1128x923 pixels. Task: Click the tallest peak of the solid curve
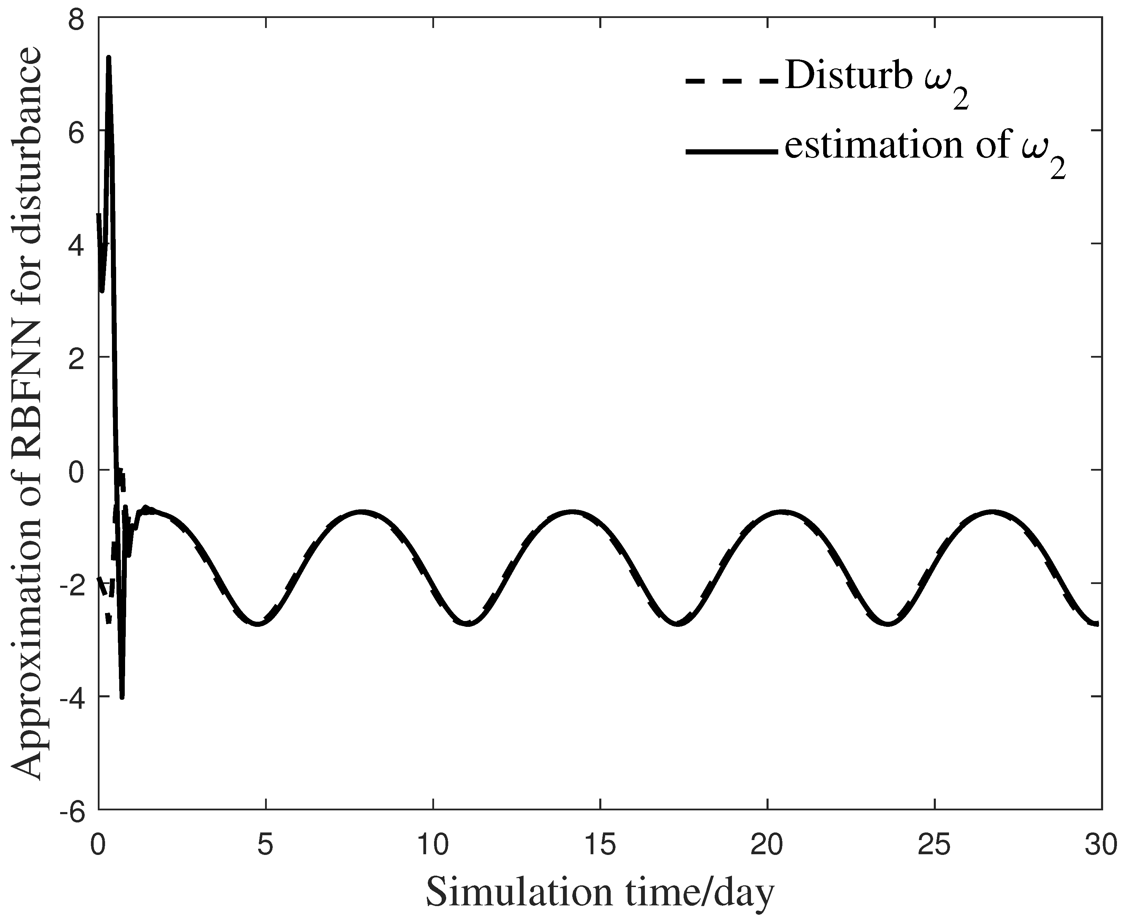click(109, 57)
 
